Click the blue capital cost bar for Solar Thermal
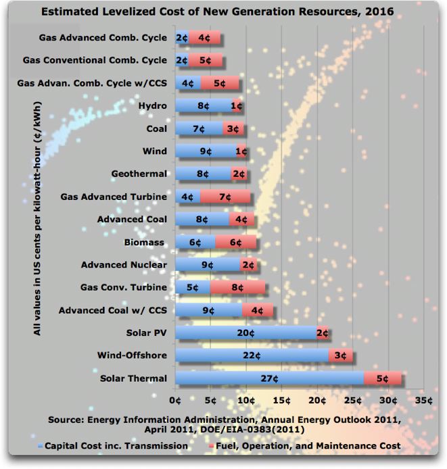point(269,379)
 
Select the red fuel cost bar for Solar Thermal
point(383,379)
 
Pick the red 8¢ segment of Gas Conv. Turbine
point(238,288)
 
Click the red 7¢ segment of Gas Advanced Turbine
point(225,197)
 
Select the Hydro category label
point(152,106)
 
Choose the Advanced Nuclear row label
point(124,265)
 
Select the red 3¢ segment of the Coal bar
point(233,129)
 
